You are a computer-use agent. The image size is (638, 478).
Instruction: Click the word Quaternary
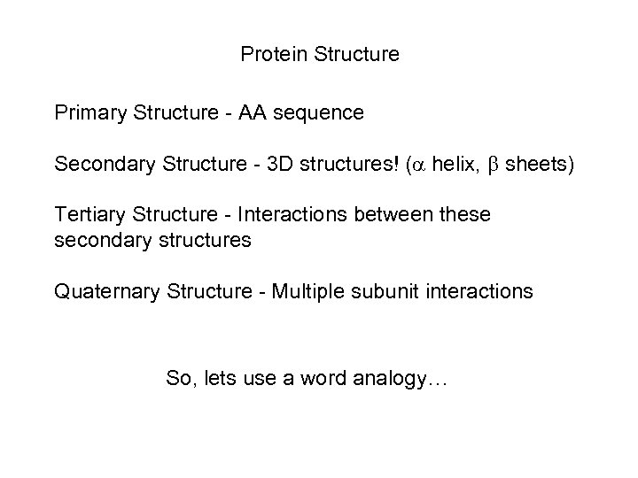pos(105,290)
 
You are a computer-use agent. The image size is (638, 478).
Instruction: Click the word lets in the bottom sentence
pos(211,380)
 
